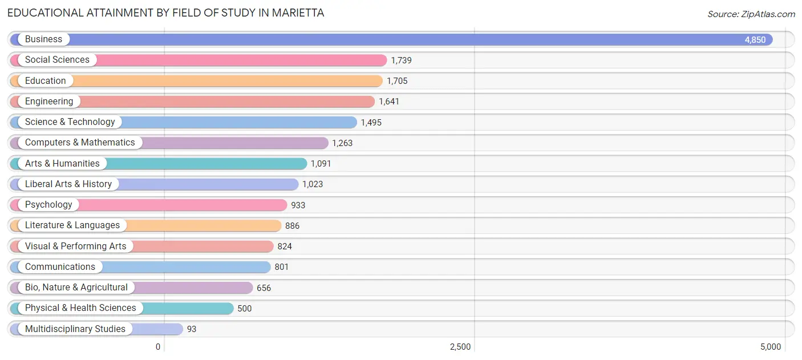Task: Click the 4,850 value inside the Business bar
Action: [x=755, y=40]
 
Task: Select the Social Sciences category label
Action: [x=57, y=60]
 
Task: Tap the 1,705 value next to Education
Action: [x=397, y=81]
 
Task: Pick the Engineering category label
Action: [x=49, y=102]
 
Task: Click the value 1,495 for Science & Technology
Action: [x=371, y=123]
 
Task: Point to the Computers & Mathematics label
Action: [x=80, y=143]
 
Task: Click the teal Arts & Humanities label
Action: [x=62, y=164]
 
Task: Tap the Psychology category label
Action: [x=48, y=205]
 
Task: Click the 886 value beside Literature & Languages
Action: [x=292, y=226]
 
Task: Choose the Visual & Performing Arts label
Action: [x=75, y=246]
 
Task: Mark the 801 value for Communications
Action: [x=281, y=267]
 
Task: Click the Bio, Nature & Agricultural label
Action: [x=76, y=288]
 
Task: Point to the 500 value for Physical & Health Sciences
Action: [x=244, y=309]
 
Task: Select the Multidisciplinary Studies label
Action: [x=75, y=329]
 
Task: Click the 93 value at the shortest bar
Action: [x=192, y=329]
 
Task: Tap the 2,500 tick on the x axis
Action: [x=460, y=347]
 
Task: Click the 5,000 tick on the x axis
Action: [x=770, y=347]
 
